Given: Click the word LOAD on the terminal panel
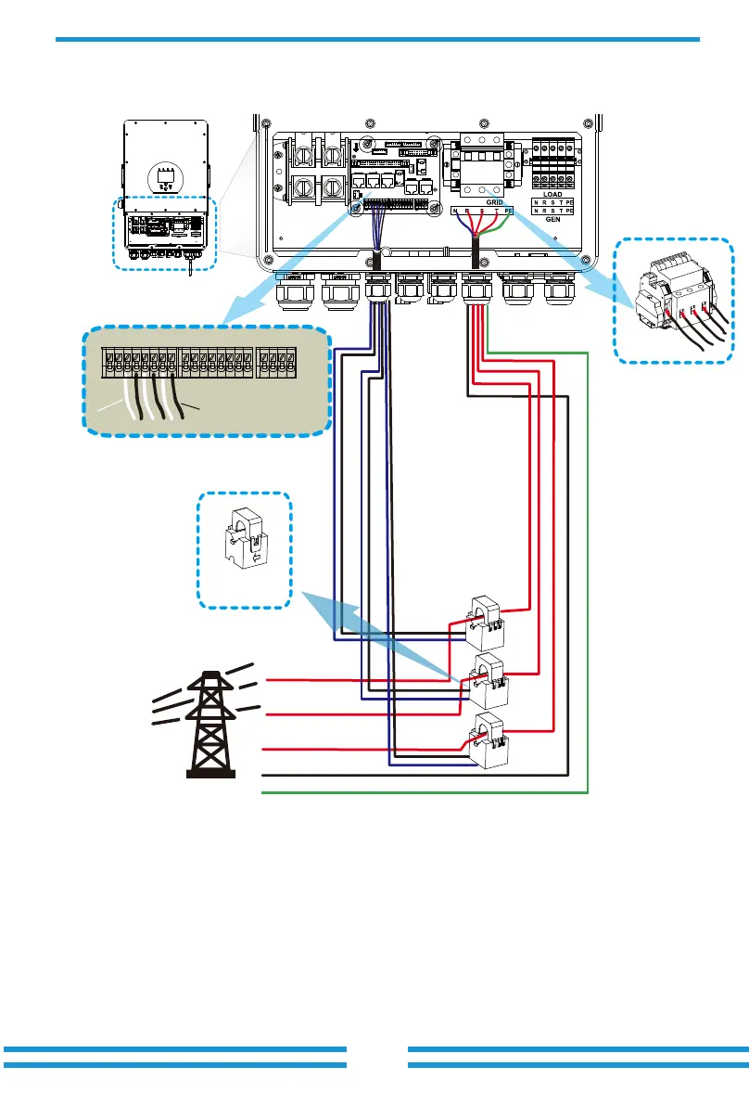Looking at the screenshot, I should pos(552,195).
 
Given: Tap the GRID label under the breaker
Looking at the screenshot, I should pos(495,201).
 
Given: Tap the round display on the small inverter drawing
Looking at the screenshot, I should pos(165,176).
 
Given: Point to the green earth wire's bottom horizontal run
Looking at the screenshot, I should pos(426,793).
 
